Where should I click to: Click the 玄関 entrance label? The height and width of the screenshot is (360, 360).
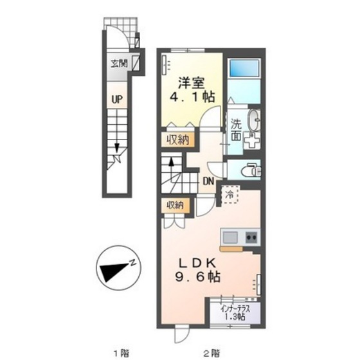coord(119,64)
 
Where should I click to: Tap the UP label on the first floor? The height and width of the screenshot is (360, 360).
coord(117,100)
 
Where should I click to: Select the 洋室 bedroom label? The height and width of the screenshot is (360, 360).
coord(192,83)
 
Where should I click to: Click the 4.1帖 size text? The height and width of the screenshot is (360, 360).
coord(192,97)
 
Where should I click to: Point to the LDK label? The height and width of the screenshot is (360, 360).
coord(197,263)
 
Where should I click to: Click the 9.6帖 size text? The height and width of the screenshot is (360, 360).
coord(198,276)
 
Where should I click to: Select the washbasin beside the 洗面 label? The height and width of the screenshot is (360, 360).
coord(254,120)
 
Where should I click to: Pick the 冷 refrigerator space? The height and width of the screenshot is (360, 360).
coord(231,194)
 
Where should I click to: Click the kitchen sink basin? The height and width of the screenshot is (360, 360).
coord(230,237)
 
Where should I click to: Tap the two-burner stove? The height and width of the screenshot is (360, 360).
coord(252,237)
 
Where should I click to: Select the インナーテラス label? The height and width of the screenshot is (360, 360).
coord(235,309)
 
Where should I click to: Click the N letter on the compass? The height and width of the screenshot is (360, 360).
coord(132,263)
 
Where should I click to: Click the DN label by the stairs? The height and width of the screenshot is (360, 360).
coord(208,181)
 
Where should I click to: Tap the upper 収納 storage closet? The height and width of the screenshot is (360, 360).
coord(177,139)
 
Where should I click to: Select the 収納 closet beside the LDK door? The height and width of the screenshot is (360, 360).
coord(175,205)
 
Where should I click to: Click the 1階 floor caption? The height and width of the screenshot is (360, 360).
coord(122,352)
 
